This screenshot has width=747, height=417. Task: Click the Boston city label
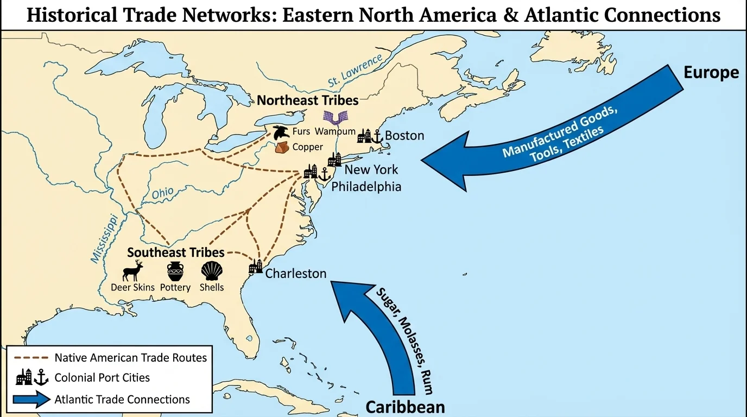click(x=404, y=135)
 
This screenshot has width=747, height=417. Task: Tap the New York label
click(x=371, y=169)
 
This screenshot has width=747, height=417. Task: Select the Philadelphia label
click(x=366, y=186)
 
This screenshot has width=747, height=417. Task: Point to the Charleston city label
click(x=296, y=273)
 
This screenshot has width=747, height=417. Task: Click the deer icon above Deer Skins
click(x=133, y=270)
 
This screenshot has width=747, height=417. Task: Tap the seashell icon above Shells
click(x=212, y=270)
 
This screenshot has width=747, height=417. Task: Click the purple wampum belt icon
click(x=335, y=117)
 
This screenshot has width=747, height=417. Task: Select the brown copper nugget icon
click(x=283, y=147)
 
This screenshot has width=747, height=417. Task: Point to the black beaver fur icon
click(x=281, y=131)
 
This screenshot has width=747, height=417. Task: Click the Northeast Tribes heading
click(x=307, y=100)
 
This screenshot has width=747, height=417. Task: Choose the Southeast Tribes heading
click(x=175, y=252)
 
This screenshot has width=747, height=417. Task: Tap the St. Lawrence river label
click(x=355, y=70)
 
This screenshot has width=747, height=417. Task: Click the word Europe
click(x=711, y=72)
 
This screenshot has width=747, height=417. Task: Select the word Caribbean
click(x=405, y=407)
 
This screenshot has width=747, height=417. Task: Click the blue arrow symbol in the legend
click(x=32, y=400)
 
